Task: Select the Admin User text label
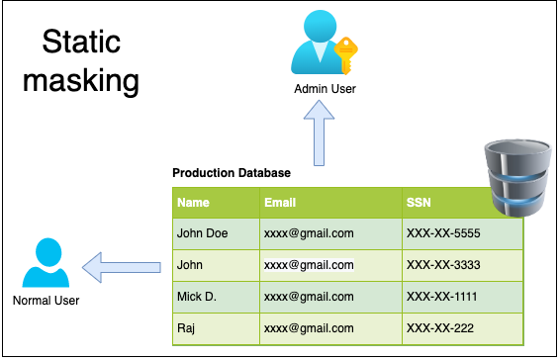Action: (x=325, y=89)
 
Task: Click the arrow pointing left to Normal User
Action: (x=121, y=265)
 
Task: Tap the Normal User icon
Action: (x=45, y=263)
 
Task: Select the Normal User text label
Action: (x=45, y=300)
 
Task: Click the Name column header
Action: (x=193, y=203)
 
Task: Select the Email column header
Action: (x=280, y=203)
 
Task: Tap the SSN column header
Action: (x=419, y=203)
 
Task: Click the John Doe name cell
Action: (x=202, y=233)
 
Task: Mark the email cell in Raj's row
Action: (x=308, y=327)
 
